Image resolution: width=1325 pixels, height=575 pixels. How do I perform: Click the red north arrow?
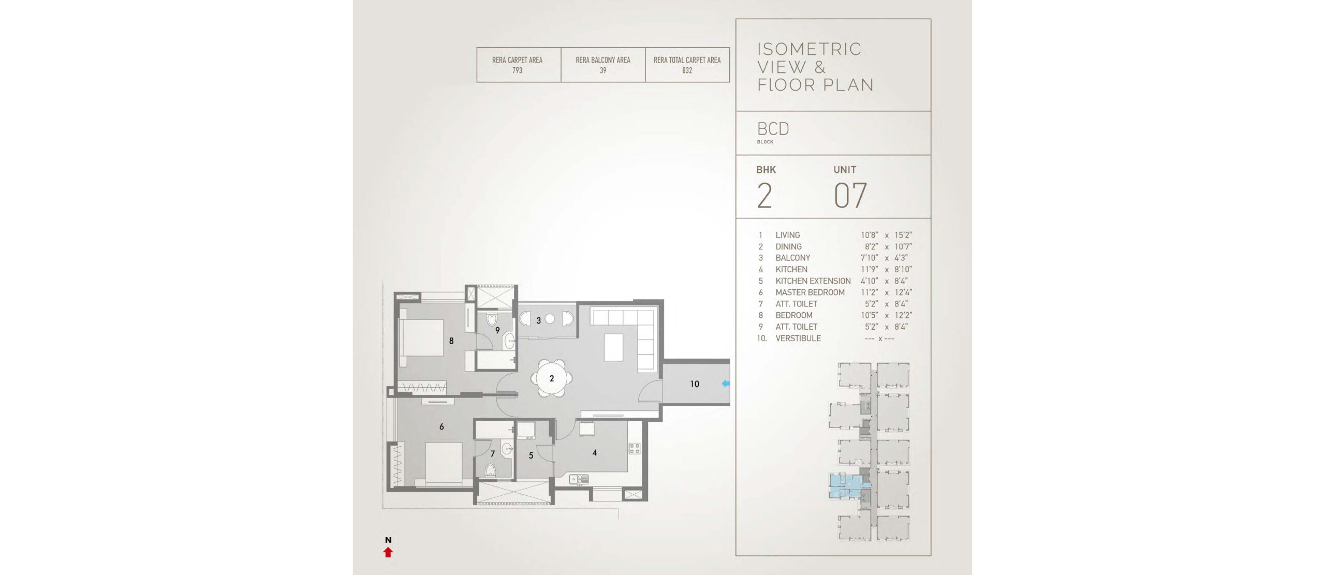[x=388, y=552]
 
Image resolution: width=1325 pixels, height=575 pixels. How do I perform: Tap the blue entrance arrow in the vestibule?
[x=726, y=384]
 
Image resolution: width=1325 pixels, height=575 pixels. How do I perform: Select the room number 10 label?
[x=695, y=384]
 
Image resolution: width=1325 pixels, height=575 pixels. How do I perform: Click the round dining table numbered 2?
[x=552, y=378]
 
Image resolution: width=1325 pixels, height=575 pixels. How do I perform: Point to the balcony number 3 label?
[x=538, y=320]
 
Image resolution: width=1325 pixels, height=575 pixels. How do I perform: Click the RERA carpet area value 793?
[x=517, y=70]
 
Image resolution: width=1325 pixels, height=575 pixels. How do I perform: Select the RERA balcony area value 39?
[x=603, y=70]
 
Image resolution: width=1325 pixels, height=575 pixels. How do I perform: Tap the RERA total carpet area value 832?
[x=687, y=70]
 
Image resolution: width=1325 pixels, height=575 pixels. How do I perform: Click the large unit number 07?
[x=850, y=196]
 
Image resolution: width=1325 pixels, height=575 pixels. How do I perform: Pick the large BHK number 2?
[x=764, y=196]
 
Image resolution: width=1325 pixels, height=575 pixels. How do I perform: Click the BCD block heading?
[x=773, y=129]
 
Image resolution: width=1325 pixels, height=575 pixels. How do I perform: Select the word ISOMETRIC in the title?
[x=809, y=49]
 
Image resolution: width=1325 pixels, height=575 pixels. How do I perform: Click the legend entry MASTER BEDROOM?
[x=810, y=292]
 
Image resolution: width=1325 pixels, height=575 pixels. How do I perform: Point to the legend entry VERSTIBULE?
[x=798, y=338]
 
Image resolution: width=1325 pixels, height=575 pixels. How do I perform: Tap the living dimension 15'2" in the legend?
[x=903, y=235]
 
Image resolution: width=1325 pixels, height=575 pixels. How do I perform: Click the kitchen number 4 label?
[x=595, y=453]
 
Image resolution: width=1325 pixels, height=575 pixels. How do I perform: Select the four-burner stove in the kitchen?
[x=635, y=448]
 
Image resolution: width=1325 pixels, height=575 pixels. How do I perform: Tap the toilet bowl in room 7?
[x=490, y=470]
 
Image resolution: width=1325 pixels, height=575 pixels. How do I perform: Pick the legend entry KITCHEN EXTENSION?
[x=813, y=281]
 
